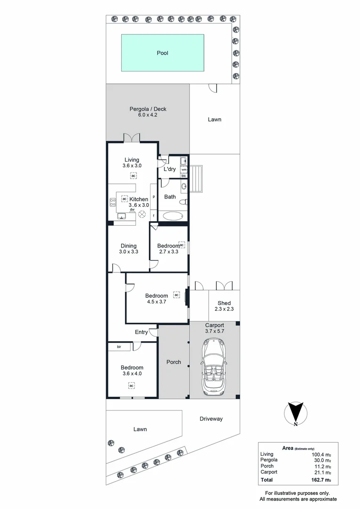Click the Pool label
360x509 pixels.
[163, 53]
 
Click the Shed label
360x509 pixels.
[224, 303]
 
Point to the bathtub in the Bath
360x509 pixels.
[173, 217]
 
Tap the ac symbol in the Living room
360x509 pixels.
[133, 176]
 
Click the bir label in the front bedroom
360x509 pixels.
[119, 347]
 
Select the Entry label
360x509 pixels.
[141, 332]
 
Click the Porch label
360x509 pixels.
[174, 362]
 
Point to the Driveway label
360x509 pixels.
[211, 419]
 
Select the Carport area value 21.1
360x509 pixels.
[322, 472]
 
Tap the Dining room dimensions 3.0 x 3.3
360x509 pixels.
[129, 252]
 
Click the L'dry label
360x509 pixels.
[169, 169]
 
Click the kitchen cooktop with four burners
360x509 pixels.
[113, 203]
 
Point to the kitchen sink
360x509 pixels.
[121, 217]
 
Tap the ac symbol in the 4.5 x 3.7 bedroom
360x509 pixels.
[177, 295]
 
